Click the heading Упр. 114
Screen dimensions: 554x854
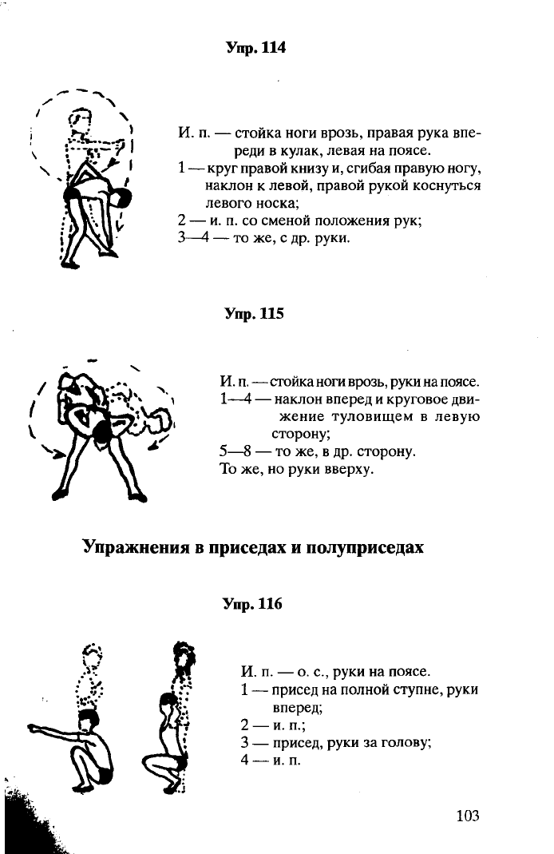[255, 48]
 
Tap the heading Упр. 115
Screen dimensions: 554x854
[255, 314]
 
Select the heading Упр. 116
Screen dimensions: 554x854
[252, 604]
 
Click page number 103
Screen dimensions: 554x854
[468, 816]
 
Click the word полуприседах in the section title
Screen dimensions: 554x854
[365, 546]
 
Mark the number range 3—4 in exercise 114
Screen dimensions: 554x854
[194, 238]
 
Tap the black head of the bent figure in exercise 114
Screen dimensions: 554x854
[123, 197]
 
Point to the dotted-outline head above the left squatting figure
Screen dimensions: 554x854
[93, 654]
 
